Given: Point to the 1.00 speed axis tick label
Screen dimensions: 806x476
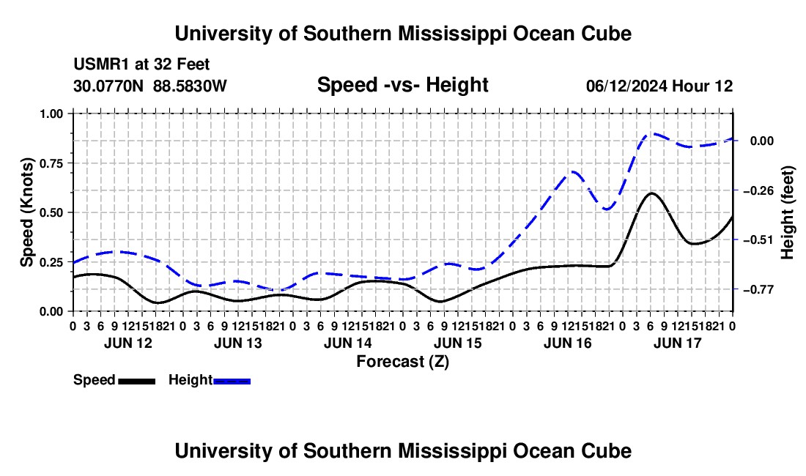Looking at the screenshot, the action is pos(52,114).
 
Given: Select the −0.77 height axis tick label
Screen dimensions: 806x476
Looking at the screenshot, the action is pos(758,290).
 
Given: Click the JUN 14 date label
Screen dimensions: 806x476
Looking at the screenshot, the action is pos(348,343).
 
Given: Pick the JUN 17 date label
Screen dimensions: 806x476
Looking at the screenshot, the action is pos(678,343).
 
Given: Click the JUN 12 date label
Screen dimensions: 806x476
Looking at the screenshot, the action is pos(128,343).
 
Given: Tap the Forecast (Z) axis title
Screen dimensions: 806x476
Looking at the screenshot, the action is pos(403,362).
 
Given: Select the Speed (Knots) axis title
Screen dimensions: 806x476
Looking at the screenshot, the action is pos(26,212).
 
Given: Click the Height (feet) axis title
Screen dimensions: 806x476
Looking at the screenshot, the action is pos(787,212).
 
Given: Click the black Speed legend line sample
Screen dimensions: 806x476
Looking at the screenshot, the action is pos(137,382).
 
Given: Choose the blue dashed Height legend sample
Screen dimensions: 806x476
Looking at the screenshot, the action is pos(232,382).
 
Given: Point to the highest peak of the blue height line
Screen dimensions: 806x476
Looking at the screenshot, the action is pos(652,133).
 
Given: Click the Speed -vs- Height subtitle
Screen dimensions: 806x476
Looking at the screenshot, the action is pos(402,85).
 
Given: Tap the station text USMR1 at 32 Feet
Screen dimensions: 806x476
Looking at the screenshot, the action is pos(141,64).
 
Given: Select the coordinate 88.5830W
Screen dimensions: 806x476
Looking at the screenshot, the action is pos(190,86).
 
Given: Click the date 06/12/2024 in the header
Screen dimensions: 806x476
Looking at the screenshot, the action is pos(626,86).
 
